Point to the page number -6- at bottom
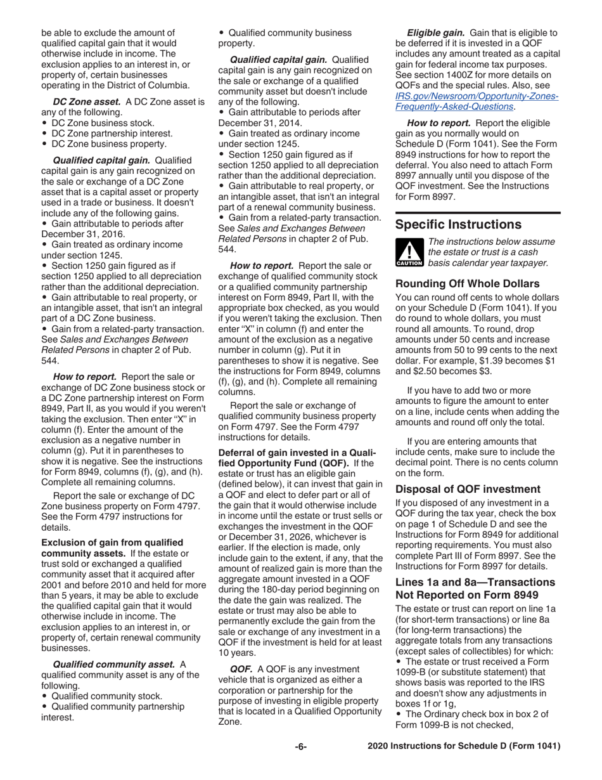click(x=300, y=747)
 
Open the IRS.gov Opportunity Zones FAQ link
click(x=477, y=101)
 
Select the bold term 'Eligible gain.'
click(x=436, y=32)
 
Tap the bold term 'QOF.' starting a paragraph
click(x=241, y=669)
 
